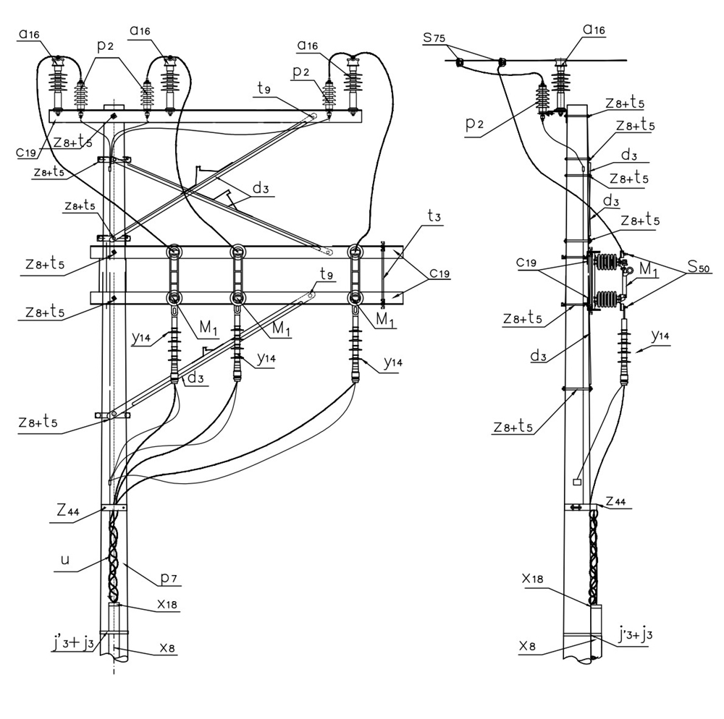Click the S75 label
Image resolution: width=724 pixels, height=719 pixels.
[434, 38]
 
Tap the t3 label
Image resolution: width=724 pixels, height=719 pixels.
[434, 216]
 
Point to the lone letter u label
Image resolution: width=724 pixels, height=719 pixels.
[65, 560]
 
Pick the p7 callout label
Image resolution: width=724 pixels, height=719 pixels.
[169, 577]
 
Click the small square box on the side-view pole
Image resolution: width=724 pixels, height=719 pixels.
[577, 482]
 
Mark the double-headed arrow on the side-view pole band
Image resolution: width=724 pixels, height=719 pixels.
[576, 507]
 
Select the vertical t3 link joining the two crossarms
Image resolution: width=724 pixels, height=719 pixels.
[382, 274]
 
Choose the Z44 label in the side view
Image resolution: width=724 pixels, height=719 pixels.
[615, 501]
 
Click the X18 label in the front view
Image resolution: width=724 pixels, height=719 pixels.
[167, 604]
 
